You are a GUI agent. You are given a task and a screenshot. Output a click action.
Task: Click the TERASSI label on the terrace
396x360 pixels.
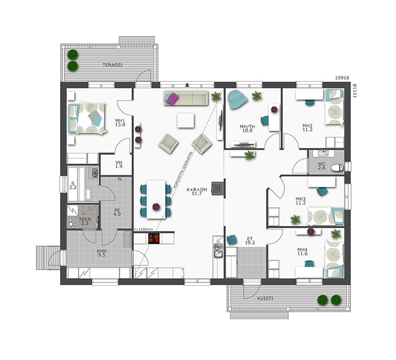(112, 65)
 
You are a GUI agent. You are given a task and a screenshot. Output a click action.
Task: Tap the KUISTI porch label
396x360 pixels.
(265, 299)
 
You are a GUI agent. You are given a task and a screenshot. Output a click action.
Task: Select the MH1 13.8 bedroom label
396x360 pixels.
(120, 123)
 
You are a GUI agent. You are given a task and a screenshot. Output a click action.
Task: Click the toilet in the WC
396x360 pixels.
(337, 168)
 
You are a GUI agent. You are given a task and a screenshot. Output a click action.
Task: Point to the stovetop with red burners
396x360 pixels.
(154, 238)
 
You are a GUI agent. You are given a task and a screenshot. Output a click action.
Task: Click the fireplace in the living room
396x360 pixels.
(218, 189)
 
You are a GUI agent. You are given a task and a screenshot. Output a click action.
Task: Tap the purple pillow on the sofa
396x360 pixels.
(172, 98)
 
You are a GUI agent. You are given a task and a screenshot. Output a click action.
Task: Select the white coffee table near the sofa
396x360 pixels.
(186, 120)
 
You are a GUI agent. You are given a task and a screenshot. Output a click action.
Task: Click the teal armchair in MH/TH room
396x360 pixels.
(237, 100)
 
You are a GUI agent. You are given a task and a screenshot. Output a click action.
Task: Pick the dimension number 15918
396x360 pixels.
(342, 78)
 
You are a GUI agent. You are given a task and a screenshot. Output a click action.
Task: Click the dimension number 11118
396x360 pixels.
(355, 91)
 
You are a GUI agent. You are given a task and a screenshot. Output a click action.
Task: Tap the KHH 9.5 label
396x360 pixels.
(101, 253)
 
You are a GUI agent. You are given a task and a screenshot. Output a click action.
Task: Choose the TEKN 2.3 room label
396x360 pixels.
(85, 221)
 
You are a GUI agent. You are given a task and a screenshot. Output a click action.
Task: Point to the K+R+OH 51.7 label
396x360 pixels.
(197, 191)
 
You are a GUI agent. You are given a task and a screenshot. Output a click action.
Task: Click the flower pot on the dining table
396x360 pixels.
(157, 207)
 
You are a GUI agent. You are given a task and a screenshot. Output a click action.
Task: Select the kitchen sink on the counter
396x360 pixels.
(218, 250)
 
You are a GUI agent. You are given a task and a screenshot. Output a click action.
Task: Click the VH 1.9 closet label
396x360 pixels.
(119, 164)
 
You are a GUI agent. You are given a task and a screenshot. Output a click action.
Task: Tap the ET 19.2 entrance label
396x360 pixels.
(250, 240)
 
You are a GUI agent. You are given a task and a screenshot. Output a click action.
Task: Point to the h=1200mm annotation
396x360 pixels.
(143, 229)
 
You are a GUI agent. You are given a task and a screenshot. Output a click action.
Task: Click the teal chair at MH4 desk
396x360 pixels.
(309, 263)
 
